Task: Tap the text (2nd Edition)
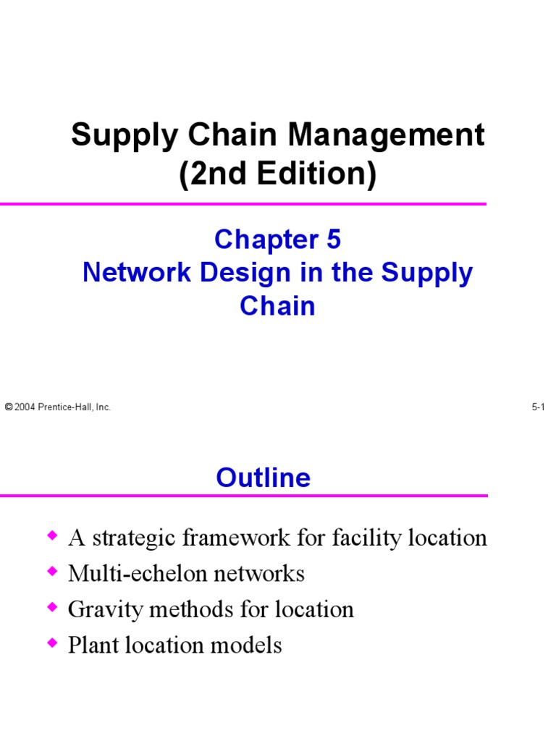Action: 278,174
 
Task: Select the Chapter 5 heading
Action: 278,239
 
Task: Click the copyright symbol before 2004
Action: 8,407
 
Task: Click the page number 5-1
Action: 538,407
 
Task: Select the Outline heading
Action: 264,478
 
